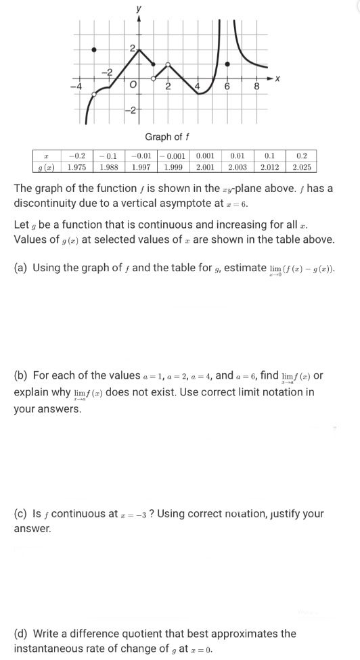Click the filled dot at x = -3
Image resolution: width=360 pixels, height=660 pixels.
[94, 49]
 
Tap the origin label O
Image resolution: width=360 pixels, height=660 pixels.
[133, 86]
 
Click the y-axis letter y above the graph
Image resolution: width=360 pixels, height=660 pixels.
[139, 8]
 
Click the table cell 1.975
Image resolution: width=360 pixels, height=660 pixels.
[77, 166]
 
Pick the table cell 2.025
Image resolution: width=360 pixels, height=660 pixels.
[301, 166]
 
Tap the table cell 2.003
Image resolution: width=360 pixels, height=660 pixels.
[237, 166]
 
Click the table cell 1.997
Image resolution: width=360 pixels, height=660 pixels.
[141, 166]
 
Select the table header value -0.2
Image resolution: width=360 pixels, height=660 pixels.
[77, 155]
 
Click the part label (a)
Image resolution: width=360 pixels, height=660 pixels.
[22, 268]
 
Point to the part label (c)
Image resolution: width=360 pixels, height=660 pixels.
[22, 513]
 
